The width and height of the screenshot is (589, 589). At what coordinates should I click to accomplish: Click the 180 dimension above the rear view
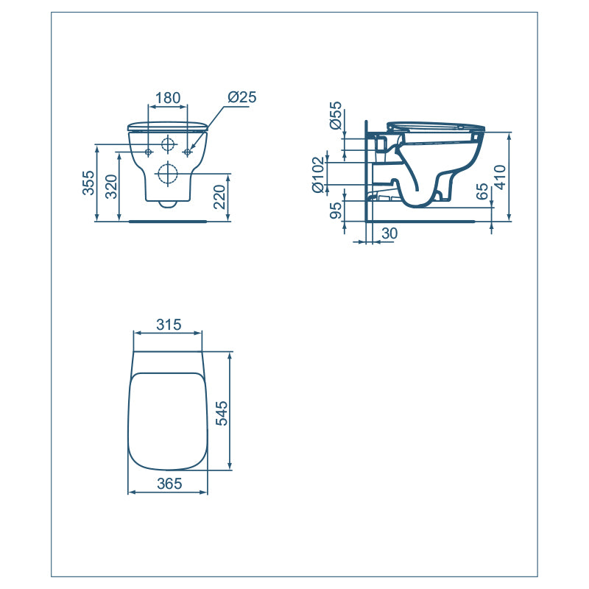pos(168,97)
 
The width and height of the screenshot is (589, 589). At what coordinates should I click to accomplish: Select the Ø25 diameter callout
pos(241,97)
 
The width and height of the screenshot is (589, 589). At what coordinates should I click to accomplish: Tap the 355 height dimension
pos(88,184)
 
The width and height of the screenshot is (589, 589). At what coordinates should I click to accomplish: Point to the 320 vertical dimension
pos(110,188)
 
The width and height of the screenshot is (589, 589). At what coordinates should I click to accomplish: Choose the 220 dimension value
pos(219,197)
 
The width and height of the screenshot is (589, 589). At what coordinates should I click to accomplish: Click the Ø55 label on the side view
pos(336,116)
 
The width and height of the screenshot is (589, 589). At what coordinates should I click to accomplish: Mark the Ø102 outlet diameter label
pos(318,175)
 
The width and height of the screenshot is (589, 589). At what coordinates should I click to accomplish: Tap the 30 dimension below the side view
pos(389,233)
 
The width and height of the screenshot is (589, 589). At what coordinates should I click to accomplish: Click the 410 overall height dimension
pos(501,177)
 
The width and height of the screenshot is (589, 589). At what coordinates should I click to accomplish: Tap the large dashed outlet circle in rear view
pos(169,174)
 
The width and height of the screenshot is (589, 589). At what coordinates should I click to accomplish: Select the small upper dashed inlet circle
pos(169,143)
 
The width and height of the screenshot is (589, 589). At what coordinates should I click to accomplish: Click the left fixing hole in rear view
pos(149,152)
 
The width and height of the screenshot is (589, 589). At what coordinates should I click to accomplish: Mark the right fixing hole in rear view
pos(188,152)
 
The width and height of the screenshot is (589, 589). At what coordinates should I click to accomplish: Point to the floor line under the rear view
pos(168,220)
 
